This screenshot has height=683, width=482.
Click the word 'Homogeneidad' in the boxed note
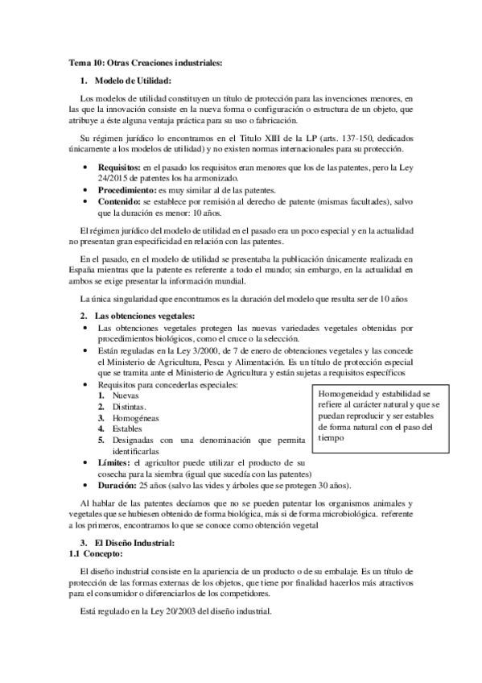337,393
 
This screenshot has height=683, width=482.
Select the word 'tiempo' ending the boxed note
315,439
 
